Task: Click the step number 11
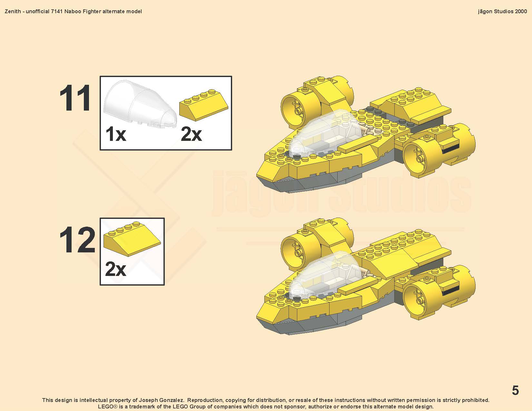click(x=75, y=98)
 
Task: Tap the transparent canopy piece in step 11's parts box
click(x=140, y=104)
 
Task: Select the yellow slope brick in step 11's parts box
click(x=204, y=105)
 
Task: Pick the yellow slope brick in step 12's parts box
click(x=132, y=239)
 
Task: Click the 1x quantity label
click(x=115, y=134)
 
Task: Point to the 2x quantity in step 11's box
click(x=191, y=134)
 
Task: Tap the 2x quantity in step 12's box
click(x=115, y=269)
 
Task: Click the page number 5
click(x=515, y=390)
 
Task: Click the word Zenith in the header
click(x=13, y=11)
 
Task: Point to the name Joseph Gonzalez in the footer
click(x=161, y=400)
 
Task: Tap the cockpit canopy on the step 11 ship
click(x=326, y=132)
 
